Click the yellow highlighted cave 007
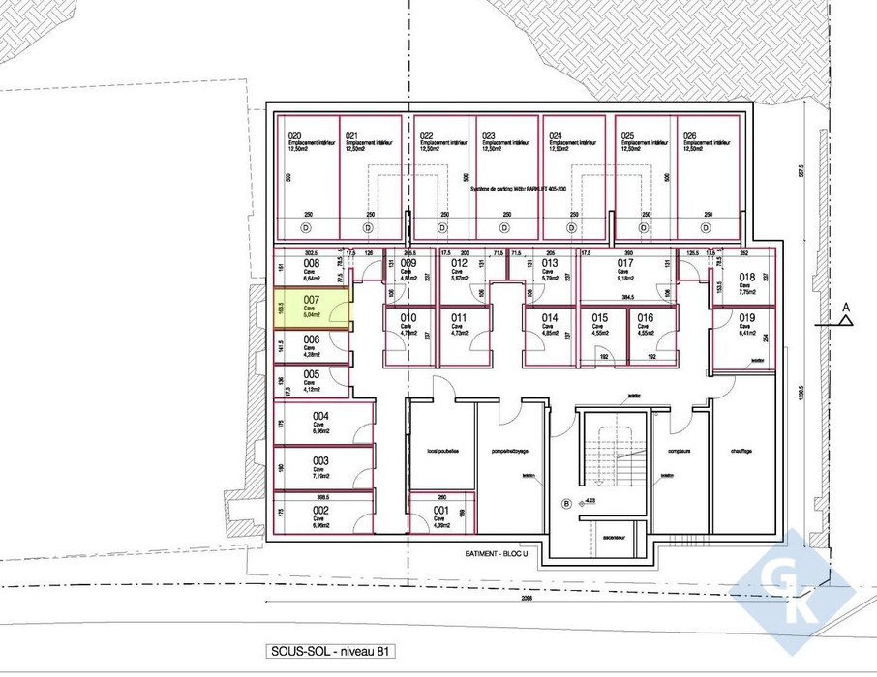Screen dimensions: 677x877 310,309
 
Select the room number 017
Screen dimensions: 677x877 625,262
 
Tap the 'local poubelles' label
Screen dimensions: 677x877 441,451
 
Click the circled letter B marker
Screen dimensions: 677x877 567,503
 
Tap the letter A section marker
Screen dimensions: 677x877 845,309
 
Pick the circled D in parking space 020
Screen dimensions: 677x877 307,228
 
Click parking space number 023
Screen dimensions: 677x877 488,135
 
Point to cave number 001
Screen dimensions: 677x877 440,510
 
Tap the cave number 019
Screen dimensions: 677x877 746,318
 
